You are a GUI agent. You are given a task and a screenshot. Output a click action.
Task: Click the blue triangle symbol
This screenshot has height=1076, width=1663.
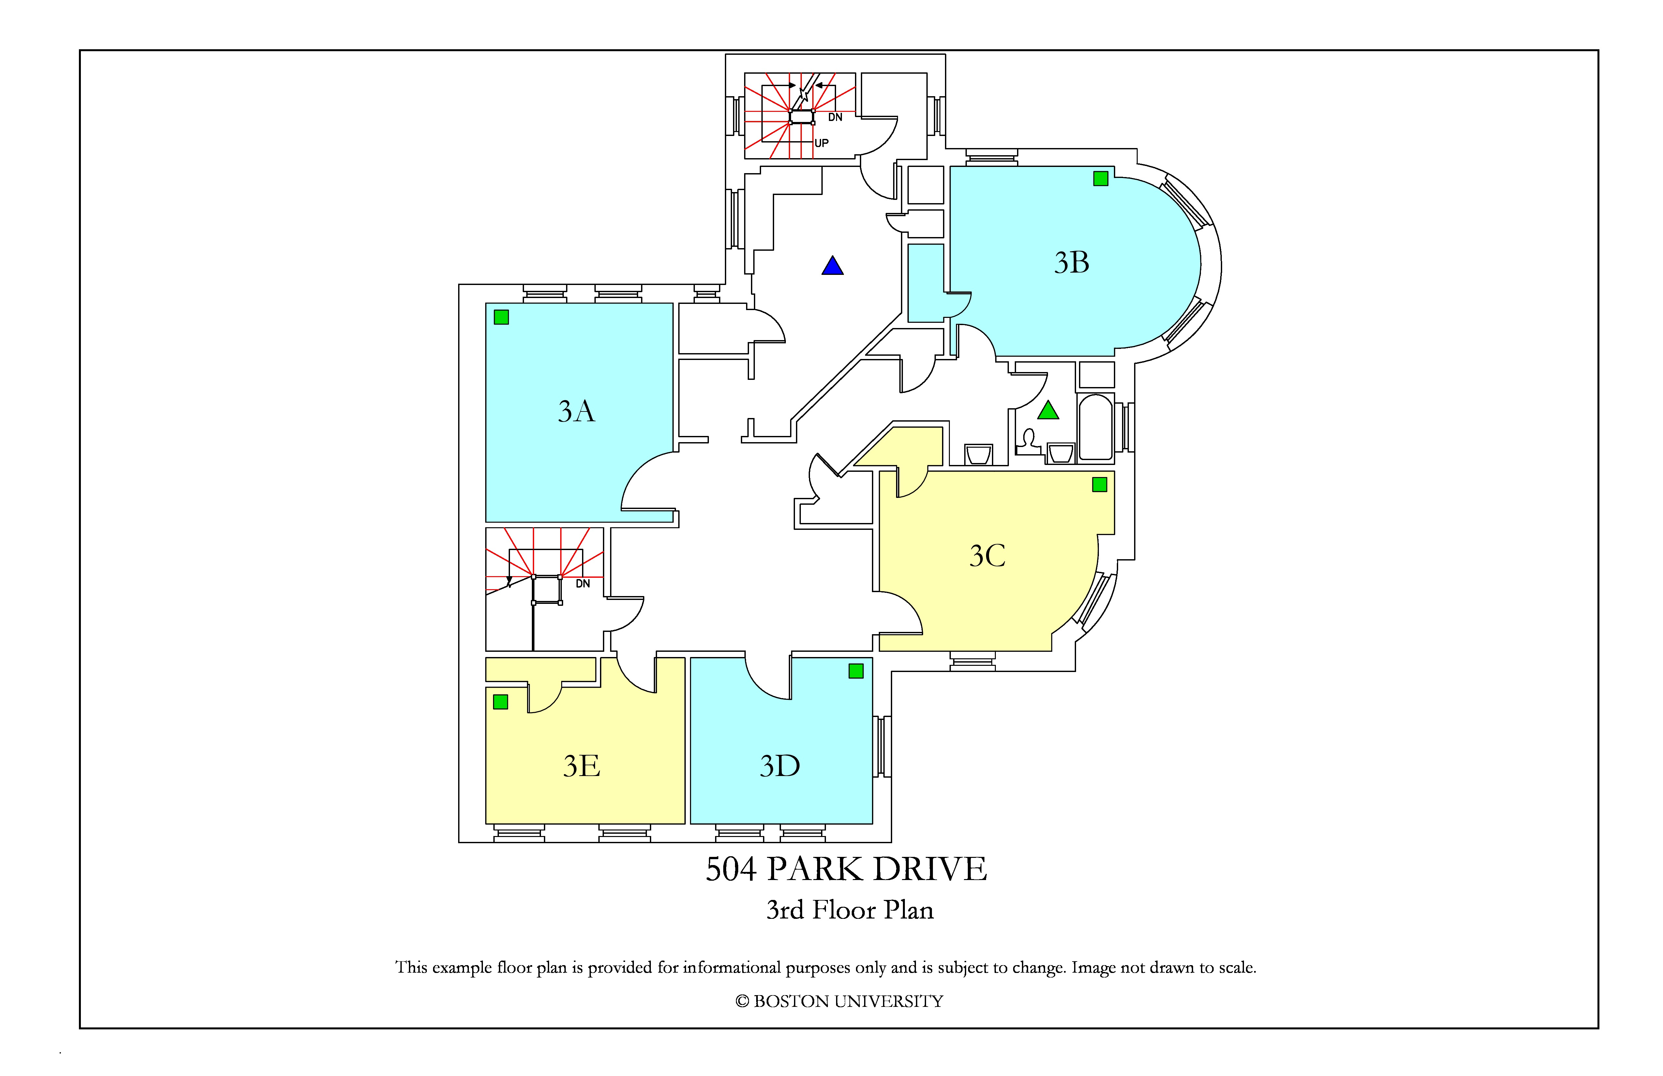click(x=832, y=265)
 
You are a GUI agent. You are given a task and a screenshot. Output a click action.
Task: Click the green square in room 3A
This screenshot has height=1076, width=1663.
click(x=501, y=317)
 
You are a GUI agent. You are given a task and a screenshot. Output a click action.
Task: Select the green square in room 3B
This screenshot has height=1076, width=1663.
click(x=1101, y=179)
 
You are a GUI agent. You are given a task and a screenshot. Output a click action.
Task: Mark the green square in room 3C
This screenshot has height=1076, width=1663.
click(x=1099, y=484)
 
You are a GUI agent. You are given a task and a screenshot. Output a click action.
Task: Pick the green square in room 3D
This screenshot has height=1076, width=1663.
click(x=856, y=671)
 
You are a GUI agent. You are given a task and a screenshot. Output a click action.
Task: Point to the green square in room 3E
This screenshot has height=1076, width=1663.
click(x=500, y=701)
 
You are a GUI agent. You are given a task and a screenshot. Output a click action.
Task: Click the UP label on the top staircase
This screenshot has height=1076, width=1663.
click(x=822, y=143)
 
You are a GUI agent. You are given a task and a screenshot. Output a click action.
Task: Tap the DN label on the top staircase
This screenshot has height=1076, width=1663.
click(x=835, y=117)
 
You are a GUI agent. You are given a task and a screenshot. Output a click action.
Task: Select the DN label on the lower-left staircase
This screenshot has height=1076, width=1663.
click(x=583, y=583)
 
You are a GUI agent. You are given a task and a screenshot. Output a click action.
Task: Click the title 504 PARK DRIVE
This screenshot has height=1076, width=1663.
click(x=846, y=869)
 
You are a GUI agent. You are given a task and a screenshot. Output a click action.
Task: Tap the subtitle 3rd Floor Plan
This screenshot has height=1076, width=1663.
click(x=850, y=910)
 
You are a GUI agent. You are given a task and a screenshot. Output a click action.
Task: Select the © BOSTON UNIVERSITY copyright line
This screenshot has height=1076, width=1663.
click(x=839, y=1001)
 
